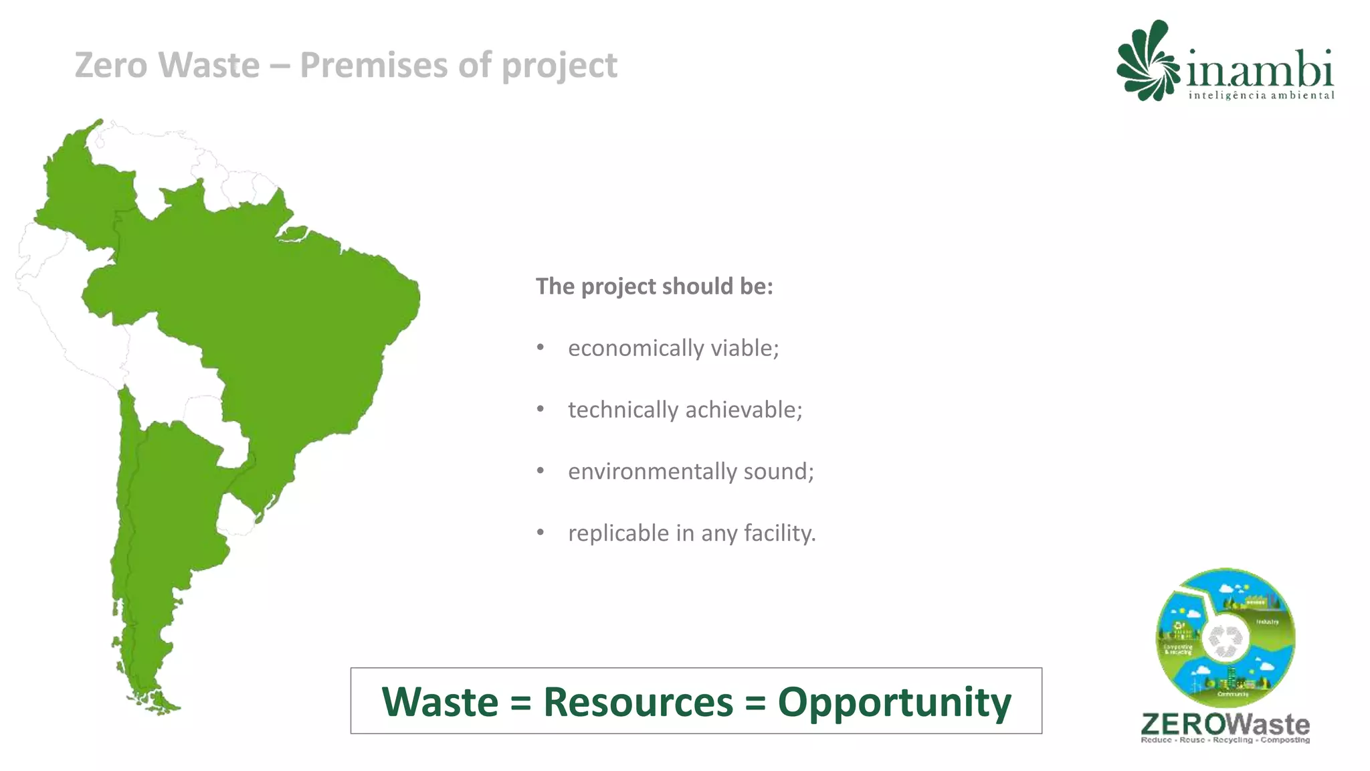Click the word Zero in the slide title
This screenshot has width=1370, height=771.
pos(110,66)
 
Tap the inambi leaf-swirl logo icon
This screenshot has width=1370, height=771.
pos(1147,62)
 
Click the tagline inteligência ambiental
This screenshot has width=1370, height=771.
pos(1261,96)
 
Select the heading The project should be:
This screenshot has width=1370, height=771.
pos(654,286)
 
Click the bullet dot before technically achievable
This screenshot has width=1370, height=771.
pos(541,409)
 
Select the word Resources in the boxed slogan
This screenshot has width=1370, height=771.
pos(638,701)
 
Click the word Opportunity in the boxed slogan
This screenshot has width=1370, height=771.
pos(894,703)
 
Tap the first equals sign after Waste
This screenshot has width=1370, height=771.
pos(520,703)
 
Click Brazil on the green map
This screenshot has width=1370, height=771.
pos(281,321)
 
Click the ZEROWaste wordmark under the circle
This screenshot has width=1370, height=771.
pos(1225,725)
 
